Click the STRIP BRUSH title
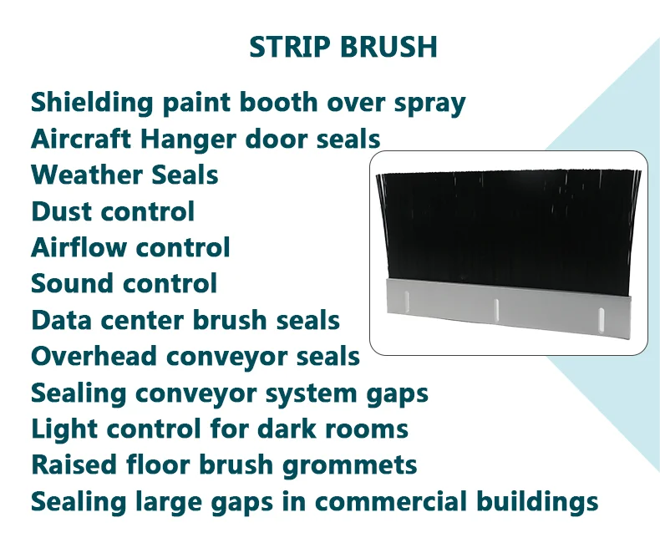[x=343, y=47]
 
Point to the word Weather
[x=77, y=175]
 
